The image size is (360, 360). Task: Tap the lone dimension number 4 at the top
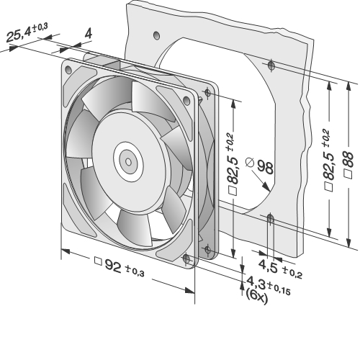pyautogui.click(x=88, y=34)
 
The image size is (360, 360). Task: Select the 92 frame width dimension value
pyautogui.click(x=113, y=266)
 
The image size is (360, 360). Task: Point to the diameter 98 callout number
pyautogui.click(x=266, y=167)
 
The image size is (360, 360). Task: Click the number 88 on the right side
pyautogui.click(x=348, y=159)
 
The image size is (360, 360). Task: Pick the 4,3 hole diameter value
pyautogui.click(x=256, y=282)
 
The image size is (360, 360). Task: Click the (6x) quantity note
pyautogui.click(x=256, y=297)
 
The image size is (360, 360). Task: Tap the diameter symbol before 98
pyautogui.click(x=250, y=162)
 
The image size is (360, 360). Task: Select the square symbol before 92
pyautogui.click(x=98, y=261)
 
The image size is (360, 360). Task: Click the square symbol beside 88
pyautogui.click(x=348, y=174)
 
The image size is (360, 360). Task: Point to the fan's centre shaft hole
pyautogui.click(x=129, y=162)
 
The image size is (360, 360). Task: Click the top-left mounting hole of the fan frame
pyautogui.click(x=68, y=70)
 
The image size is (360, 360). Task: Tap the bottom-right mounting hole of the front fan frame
pyautogui.click(x=186, y=258)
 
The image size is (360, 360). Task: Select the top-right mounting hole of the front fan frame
pyautogui.click(x=186, y=100)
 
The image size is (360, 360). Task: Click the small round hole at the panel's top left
pyautogui.click(x=156, y=35)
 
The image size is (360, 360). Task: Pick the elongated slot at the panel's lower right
pyautogui.click(x=271, y=219)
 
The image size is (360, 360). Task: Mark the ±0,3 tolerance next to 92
pyautogui.click(x=135, y=271)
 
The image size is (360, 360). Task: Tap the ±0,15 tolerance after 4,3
pyautogui.click(x=279, y=289)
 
